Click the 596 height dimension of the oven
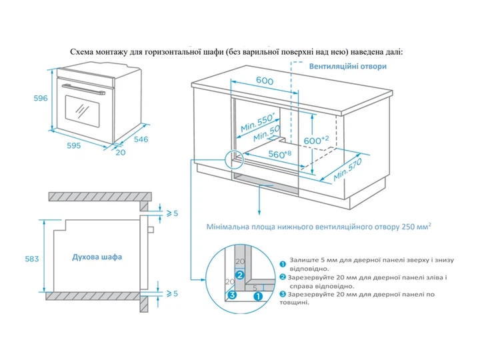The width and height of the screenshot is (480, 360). coord(41,98)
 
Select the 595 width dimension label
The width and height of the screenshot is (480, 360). coord(74,145)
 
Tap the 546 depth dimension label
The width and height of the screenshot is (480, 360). coord(141,139)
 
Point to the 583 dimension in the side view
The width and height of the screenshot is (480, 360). coord(32,259)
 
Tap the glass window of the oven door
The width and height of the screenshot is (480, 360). coord(83,111)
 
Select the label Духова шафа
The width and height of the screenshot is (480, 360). coord(97,257)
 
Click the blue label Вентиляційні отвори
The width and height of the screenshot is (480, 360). coord(348,67)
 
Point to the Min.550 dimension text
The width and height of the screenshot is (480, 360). coord(258,122)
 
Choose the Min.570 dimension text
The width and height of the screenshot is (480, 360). coord(347,169)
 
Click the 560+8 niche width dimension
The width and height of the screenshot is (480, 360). coord(280,154)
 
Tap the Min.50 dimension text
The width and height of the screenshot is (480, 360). coord(267,133)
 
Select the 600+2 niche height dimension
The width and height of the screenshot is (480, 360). coord(316,140)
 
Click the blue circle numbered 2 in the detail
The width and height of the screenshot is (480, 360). coord(240,275)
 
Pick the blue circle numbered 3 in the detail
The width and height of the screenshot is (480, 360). coord(233,295)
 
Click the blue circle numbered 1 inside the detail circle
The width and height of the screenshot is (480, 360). coord(258,296)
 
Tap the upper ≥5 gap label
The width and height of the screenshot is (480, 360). coord(172,213)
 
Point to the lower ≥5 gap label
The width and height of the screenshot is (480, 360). coord(172,293)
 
